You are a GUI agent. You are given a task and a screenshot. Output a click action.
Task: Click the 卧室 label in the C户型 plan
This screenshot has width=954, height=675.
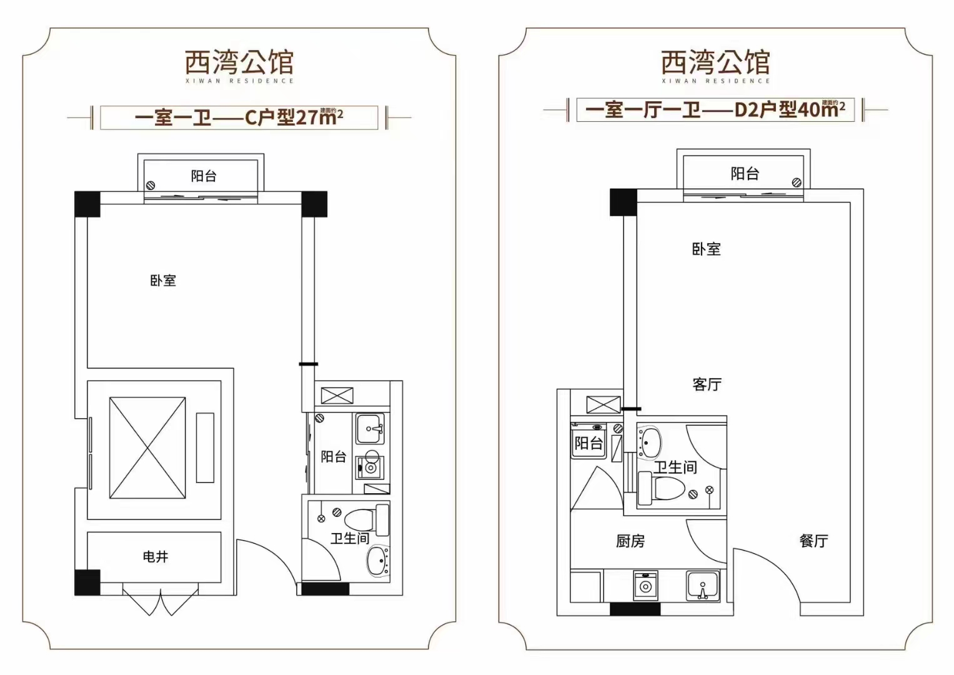pos(163,281)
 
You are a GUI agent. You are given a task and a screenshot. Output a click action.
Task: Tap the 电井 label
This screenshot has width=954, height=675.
pos(156,556)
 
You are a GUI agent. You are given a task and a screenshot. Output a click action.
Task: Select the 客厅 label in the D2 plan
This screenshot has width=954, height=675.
pos(707,384)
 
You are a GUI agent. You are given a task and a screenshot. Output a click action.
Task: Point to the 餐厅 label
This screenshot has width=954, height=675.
pos(813,541)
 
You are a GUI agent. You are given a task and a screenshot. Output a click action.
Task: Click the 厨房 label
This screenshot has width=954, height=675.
pos(630,541)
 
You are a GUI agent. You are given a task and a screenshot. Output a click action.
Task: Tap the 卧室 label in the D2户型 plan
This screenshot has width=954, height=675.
pos(706,249)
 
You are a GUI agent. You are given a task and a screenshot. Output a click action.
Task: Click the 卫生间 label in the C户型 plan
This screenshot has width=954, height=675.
pos(349,538)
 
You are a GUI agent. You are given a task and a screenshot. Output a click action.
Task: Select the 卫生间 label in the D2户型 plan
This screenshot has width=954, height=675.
pos(675,467)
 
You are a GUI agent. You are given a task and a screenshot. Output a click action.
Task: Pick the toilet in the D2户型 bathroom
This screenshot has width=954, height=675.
pos(662,487)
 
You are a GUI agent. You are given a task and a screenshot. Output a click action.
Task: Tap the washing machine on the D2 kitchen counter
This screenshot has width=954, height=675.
pos(645,586)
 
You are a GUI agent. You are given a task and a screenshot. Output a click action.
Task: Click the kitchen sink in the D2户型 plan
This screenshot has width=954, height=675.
pos(703,586)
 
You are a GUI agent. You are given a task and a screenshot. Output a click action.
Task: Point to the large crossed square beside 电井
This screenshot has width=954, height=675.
pos(147,447)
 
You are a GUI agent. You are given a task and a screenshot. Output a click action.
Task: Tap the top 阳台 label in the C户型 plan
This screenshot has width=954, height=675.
pos(204,176)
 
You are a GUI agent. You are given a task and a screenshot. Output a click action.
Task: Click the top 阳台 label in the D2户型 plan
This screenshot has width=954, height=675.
pos(745,173)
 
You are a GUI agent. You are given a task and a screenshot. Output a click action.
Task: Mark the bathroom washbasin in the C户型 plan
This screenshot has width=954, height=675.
pos(378,561)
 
